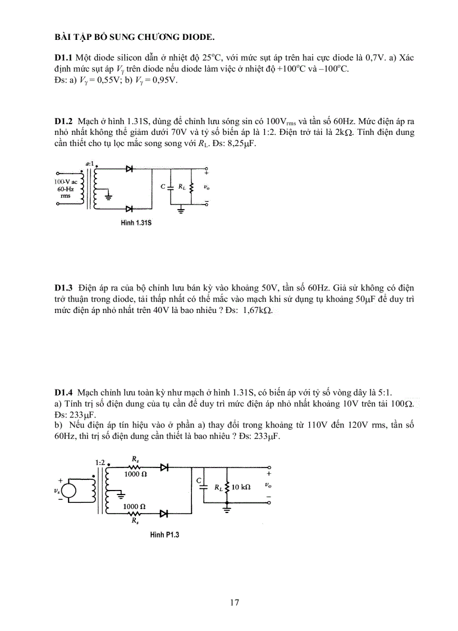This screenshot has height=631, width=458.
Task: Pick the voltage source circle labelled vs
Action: [x=68, y=490]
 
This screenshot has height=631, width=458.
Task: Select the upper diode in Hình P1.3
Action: [x=164, y=467]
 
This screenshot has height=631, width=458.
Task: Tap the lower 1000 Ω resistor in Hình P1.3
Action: [x=135, y=512]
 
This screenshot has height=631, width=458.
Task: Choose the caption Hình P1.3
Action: [x=164, y=535]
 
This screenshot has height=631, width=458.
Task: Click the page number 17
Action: [x=235, y=602]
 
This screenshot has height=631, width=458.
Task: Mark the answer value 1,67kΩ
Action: [x=258, y=310]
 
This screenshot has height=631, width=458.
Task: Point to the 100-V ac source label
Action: [x=66, y=182]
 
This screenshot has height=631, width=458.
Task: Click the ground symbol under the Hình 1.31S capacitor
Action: [x=181, y=211]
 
